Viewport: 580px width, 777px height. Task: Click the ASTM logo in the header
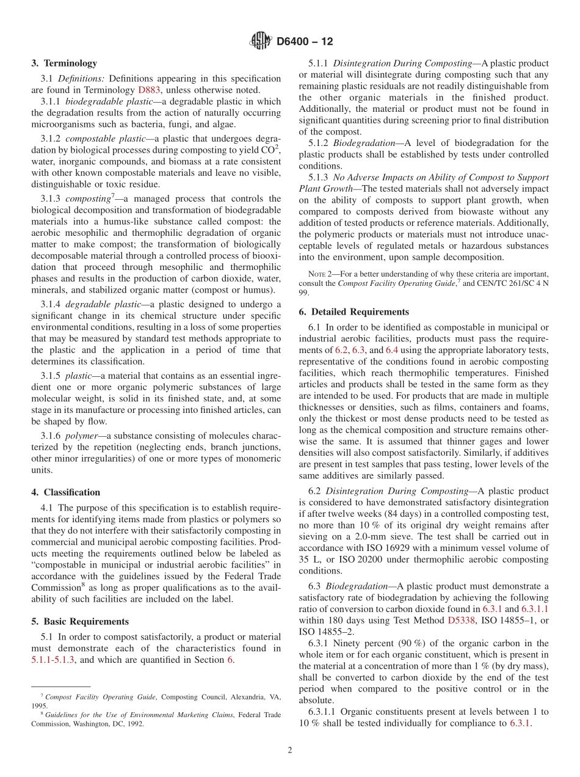pyautogui.click(x=261, y=42)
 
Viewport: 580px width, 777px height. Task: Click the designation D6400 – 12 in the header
pyautogui.click(x=305, y=42)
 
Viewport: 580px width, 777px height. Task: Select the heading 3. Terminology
pyautogui.click(x=64, y=63)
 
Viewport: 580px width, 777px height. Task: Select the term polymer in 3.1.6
pyautogui.click(x=81, y=438)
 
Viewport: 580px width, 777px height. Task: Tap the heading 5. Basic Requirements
pyautogui.click(x=80, y=621)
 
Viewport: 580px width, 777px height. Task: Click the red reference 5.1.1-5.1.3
pyautogui.click(x=53, y=660)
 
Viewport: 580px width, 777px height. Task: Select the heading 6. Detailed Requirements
pyautogui.click(x=354, y=312)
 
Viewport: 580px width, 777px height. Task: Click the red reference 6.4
pyautogui.click(x=392, y=350)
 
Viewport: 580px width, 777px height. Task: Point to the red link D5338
pyautogui.click(x=460, y=621)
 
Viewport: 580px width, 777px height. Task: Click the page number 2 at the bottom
pyautogui.click(x=290, y=751)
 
